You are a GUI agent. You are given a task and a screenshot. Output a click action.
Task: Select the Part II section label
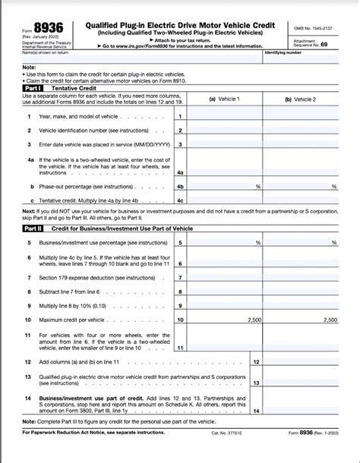pyautogui.click(x=33, y=228)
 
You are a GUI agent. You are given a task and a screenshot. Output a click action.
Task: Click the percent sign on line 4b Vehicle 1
pyautogui.click(x=258, y=185)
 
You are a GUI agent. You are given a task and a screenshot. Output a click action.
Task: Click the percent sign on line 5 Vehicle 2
pyautogui.click(x=334, y=242)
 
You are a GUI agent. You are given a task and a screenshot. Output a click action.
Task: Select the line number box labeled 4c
pyautogui.click(x=180, y=200)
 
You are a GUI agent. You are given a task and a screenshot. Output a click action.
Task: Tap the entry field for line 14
pyautogui.click(x=301, y=411)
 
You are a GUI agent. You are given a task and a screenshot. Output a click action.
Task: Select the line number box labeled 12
pyautogui.click(x=256, y=363)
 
